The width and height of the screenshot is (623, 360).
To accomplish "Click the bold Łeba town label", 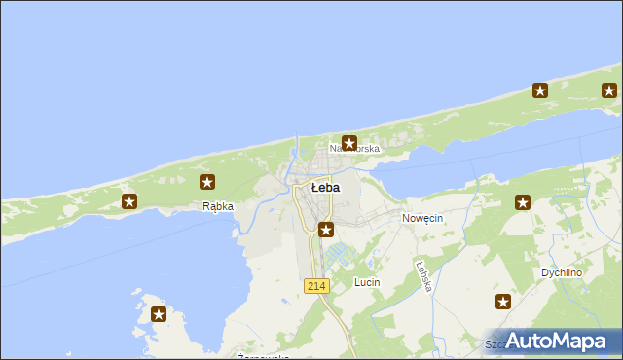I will click(x=325, y=187).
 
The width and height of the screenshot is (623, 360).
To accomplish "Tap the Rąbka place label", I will click(x=217, y=206).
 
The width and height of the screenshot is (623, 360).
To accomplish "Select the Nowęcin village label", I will click(x=422, y=219).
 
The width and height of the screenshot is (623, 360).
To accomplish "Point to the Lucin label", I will click(x=367, y=282).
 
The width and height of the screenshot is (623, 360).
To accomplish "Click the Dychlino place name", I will click(x=562, y=273).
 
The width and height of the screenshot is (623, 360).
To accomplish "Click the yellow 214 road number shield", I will click(x=316, y=285).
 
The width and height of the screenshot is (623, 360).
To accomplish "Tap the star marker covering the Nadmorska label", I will click(x=348, y=143).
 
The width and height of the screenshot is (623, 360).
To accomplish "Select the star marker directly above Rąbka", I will click(x=207, y=182).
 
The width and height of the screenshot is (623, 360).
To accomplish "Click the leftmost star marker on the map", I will click(x=129, y=201).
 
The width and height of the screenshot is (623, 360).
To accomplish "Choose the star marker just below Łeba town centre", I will click(x=326, y=231).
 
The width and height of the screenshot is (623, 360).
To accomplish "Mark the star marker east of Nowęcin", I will click(x=523, y=202).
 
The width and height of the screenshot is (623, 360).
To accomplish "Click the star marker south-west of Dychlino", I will click(x=503, y=302).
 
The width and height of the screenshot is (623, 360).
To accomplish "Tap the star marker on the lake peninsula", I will click(x=159, y=314).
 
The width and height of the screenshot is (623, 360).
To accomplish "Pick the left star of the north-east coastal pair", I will click(x=540, y=91).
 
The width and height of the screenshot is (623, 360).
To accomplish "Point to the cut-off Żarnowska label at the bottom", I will click(x=263, y=356).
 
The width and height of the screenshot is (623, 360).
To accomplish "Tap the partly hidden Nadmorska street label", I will click(x=354, y=149).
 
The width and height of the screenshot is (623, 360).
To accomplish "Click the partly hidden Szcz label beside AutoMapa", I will click(x=496, y=344).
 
